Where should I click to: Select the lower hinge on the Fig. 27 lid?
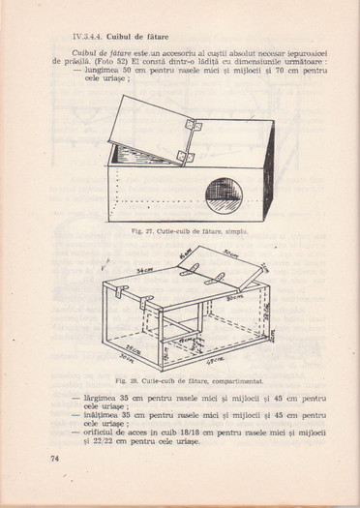tap(185, 157)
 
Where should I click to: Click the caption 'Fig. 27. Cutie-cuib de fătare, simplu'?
tap(177, 232)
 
